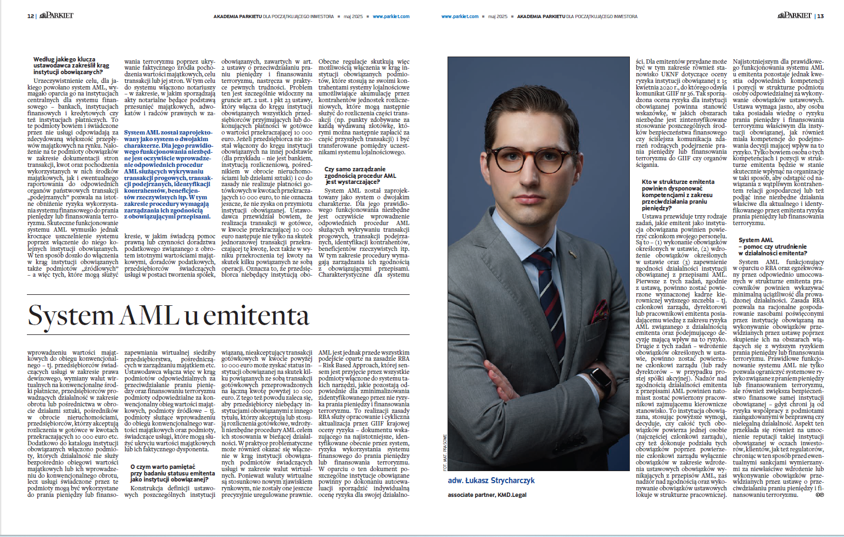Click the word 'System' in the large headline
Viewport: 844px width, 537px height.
(70, 316)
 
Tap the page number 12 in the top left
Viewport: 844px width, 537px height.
(30, 16)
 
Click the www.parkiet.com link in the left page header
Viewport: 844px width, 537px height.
(391, 16)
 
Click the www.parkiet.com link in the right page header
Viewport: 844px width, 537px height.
(460, 16)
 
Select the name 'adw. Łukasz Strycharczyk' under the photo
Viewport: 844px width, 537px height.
(491, 480)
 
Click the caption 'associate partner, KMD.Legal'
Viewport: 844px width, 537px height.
(487, 495)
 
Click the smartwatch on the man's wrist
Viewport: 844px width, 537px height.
(602, 378)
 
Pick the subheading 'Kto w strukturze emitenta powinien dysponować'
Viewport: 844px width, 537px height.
(678, 195)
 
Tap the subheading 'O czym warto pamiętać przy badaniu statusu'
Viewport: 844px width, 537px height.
(172, 473)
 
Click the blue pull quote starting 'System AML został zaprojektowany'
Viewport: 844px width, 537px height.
(168, 175)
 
